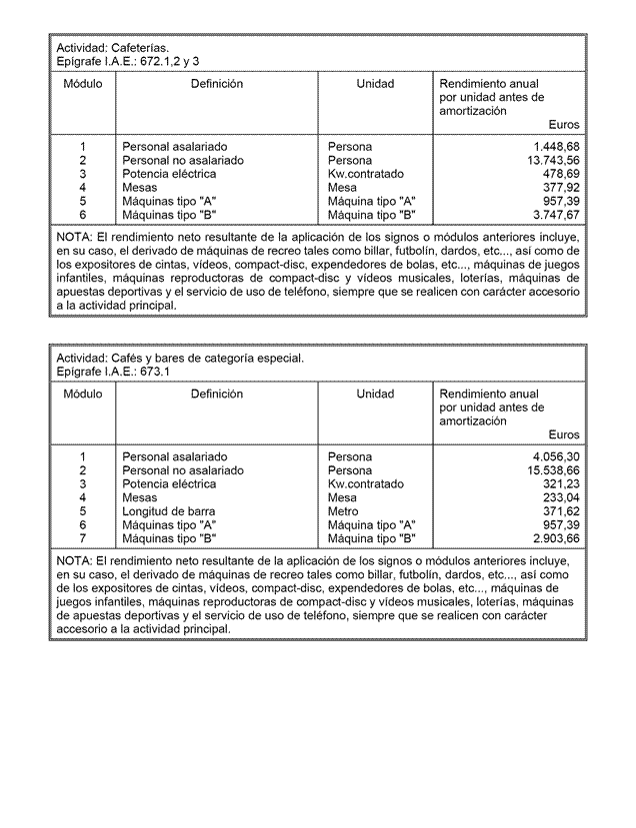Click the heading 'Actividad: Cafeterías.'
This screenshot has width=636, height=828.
click(x=112, y=48)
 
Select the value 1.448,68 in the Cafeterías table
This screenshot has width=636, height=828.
click(x=555, y=147)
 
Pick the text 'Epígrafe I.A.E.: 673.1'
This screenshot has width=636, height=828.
click(x=113, y=372)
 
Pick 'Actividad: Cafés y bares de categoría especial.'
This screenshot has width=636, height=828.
click(x=179, y=358)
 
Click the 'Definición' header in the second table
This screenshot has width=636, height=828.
click(x=216, y=395)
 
